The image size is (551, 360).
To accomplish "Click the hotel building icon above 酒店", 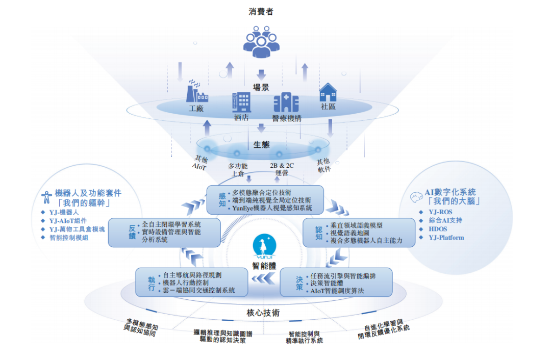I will click(x=241, y=101).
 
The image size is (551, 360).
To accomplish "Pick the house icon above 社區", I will click(x=328, y=92).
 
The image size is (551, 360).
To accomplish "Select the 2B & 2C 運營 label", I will click(x=282, y=169).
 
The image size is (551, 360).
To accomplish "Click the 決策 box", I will click(x=336, y=282).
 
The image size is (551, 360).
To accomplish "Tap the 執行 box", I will click(x=191, y=282).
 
